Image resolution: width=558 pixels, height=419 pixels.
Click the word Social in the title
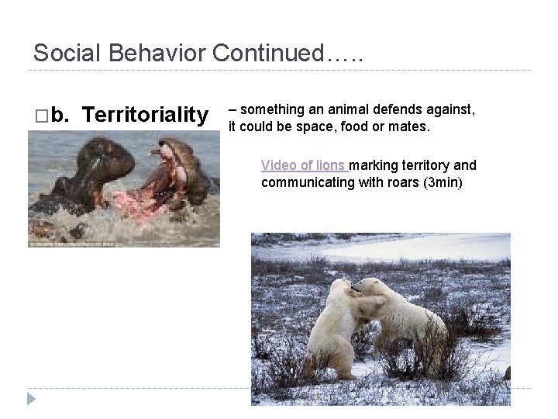(x=67, y=54)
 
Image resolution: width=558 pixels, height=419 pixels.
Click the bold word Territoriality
(x=145, y=116)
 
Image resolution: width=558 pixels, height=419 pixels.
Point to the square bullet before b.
(x=40, y=116)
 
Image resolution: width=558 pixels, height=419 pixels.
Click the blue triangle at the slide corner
(x=31, y=399)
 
